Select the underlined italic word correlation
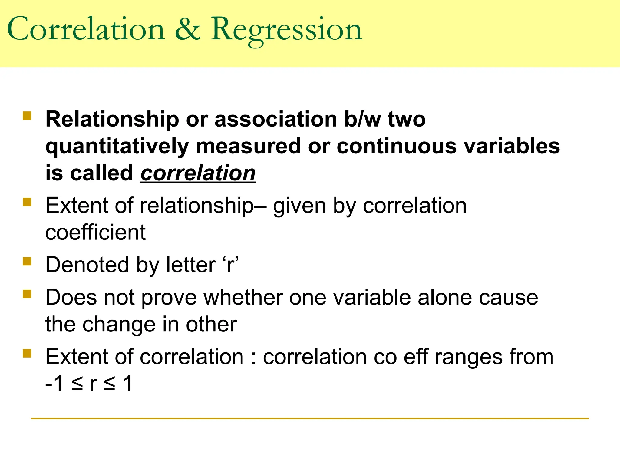198,173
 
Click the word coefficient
95,232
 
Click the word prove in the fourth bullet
169,297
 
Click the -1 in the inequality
54,383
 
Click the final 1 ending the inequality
128,383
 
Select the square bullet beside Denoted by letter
27,261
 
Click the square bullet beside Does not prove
27,294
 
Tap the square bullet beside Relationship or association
27,116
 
